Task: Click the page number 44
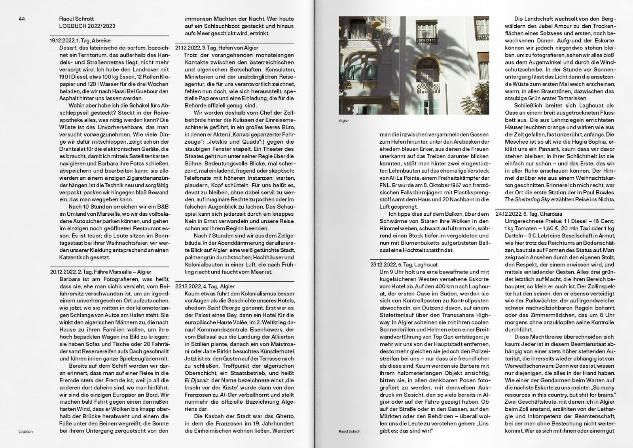(22, 19)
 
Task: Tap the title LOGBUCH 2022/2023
(87, 26)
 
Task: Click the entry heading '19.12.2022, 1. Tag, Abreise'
(80, 40)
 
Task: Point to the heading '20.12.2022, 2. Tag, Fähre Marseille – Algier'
(100, 272)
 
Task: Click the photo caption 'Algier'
(344, 120)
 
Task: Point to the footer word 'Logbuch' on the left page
(25, 431)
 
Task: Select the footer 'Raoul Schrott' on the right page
(349, 431)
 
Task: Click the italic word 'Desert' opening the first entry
(66, 47)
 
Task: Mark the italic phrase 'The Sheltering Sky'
(529, 199)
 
